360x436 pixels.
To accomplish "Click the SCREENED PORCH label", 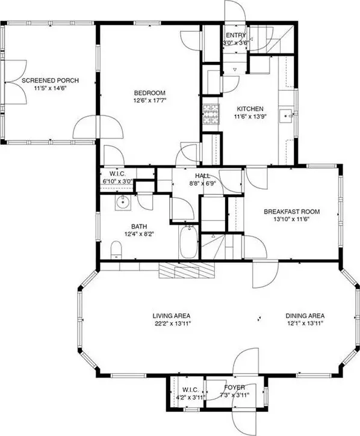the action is [50, 81].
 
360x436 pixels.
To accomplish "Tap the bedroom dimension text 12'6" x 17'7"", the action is [150, 100].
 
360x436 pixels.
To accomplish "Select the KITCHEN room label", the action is [250, 109].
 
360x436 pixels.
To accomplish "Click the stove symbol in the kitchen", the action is [211, 114].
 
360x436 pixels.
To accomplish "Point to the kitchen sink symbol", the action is [287, 115].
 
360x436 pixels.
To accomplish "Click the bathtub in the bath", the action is [189, 241].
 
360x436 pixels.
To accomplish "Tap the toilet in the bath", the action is [116, 250].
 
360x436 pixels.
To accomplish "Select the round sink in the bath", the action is [123, 202].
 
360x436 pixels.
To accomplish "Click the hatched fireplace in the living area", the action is [187, 270].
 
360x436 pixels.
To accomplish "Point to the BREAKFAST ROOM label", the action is [291, 212].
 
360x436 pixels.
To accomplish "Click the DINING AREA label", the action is [305, 316].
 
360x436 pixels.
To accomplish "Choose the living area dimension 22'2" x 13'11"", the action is [171, 324].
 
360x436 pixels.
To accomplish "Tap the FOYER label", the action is [235, 387].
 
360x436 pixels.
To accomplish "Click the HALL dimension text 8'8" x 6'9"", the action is [202, 183].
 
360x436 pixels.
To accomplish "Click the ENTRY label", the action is [236, 35].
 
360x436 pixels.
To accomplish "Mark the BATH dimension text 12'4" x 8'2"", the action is [139, 234].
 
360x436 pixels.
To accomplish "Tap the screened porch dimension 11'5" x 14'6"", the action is [51, 88].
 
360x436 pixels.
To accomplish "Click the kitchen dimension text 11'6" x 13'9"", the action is [250, 117].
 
